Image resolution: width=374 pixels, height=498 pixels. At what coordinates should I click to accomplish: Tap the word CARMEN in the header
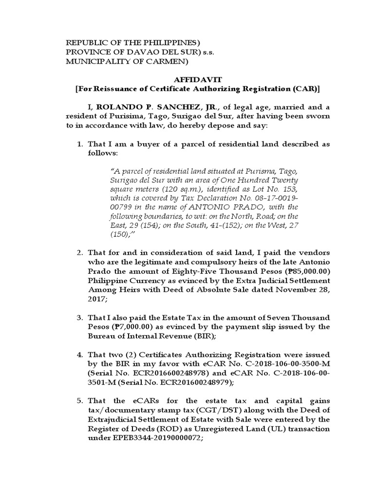point(164,61)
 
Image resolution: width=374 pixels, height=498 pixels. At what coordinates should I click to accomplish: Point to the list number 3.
point(80,318)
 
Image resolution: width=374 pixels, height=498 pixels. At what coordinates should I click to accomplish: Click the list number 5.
point(80,401)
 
